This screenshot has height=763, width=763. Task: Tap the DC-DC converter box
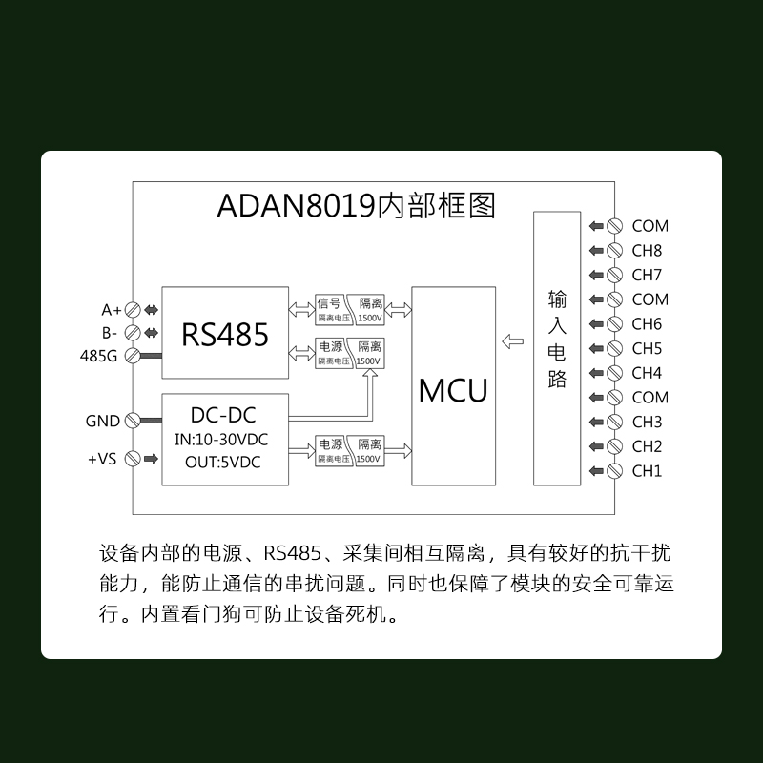[225, 439]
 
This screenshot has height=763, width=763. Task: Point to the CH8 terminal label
[647, 251]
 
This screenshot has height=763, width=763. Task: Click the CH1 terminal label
[647, 470]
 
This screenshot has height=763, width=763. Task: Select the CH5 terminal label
[647, 348]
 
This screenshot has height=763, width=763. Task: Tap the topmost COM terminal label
[650, 226]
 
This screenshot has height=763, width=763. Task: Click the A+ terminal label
[112, 310]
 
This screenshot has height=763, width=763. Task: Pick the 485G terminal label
[100, 356]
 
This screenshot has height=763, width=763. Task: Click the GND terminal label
[103, 421]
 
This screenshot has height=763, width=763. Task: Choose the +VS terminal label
[101, 459]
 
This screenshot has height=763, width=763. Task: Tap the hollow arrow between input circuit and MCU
[513, 341]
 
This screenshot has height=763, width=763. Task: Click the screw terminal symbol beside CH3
[615, 422]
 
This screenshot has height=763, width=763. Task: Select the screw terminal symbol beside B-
[133, 333]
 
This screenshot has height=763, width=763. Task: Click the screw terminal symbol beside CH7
[615, 276]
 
